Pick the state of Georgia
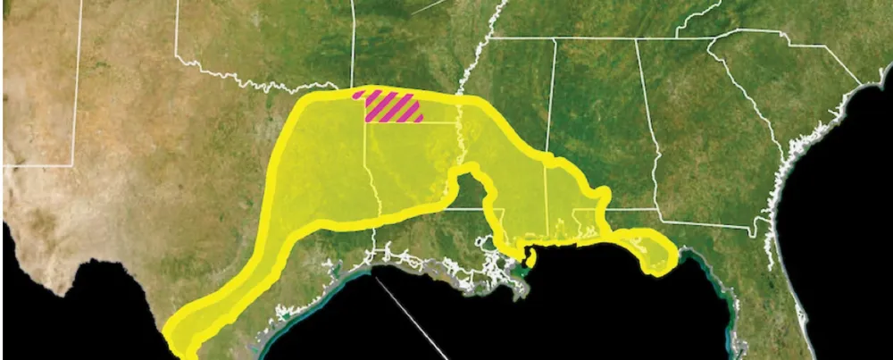(705, 152)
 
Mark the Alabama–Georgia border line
(652, 143)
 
